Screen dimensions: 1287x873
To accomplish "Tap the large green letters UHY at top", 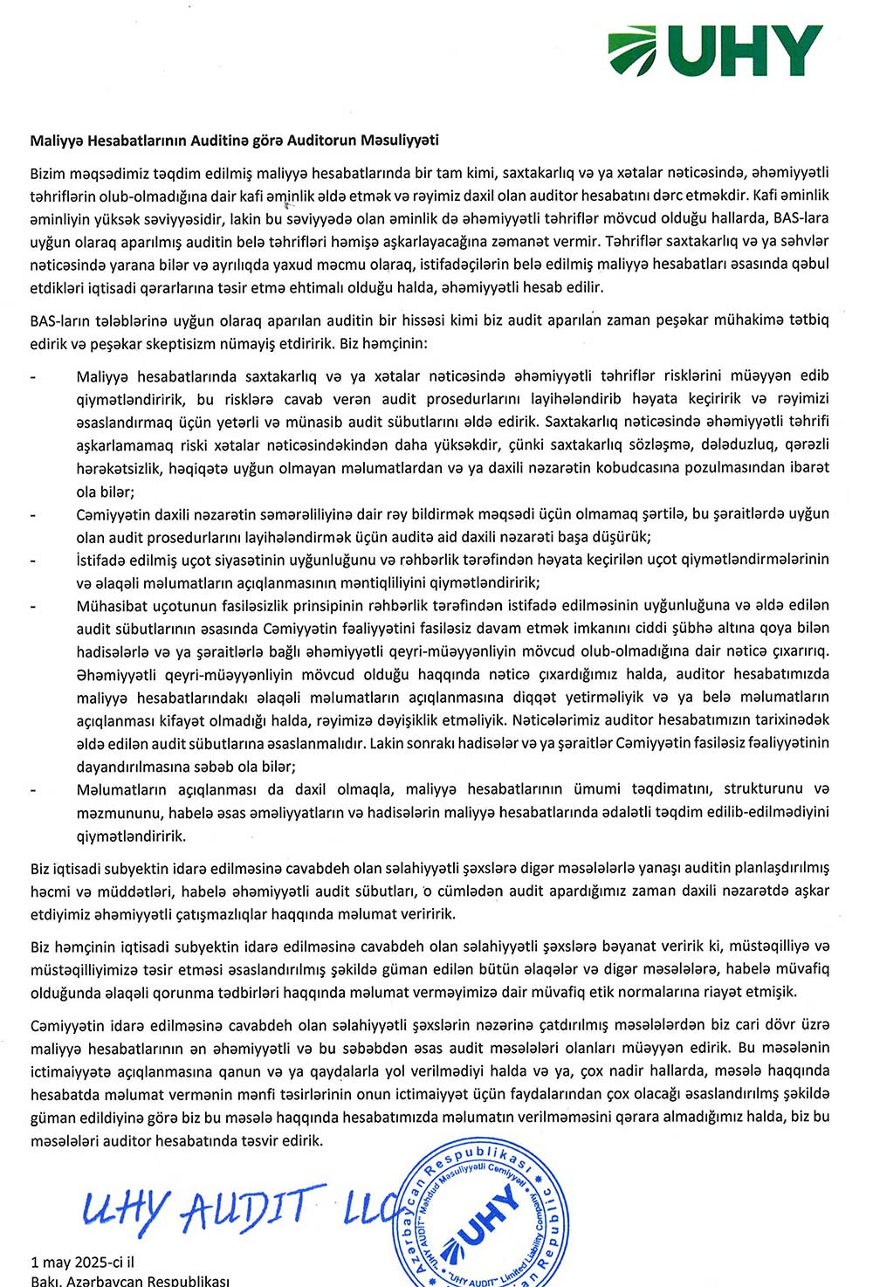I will pyautogui.click(x=746, y=52).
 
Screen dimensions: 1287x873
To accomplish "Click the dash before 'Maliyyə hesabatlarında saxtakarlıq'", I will pyautogui.click(x=33, y=377).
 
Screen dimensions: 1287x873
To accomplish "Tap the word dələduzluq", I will pyautogui.click(x=752, y=444).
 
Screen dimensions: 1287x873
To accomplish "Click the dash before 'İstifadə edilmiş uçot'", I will pyautogui.click(x=33, y=560).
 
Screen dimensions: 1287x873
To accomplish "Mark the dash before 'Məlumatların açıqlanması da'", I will pyautogui.click(x=33, y=789).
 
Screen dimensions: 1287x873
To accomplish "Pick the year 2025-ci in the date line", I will pyautogui.click(x=91, y=1262).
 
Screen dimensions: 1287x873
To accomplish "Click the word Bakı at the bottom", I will pyautogui.click(x=45, y=1281).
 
